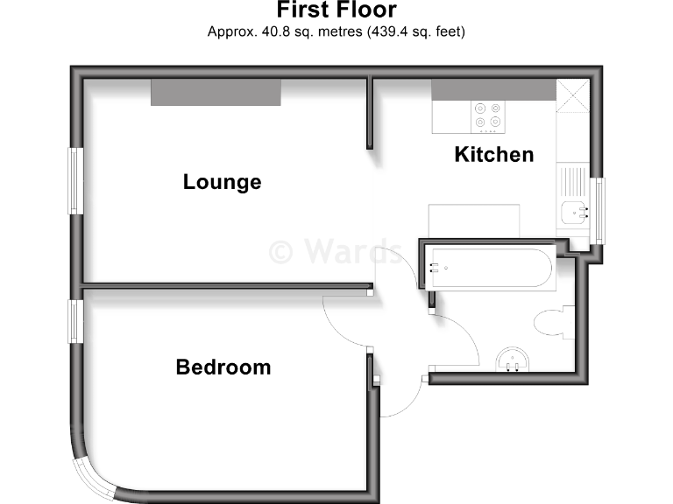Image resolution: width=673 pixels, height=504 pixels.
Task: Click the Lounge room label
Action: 222,182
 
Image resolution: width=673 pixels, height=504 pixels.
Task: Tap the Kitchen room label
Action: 493,155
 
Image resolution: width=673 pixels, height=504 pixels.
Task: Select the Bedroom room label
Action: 223,367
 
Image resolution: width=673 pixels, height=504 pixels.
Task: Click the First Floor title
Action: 336,10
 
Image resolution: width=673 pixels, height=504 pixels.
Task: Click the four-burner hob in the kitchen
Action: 488,115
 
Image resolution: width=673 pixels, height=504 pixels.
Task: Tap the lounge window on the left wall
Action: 76,181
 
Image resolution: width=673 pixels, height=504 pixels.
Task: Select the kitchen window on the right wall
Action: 600,211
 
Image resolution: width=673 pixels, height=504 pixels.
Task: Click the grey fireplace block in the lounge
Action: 216,92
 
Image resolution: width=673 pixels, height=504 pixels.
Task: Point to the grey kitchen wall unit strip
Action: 493,89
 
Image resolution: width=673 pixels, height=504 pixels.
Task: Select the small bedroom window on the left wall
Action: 76,321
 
